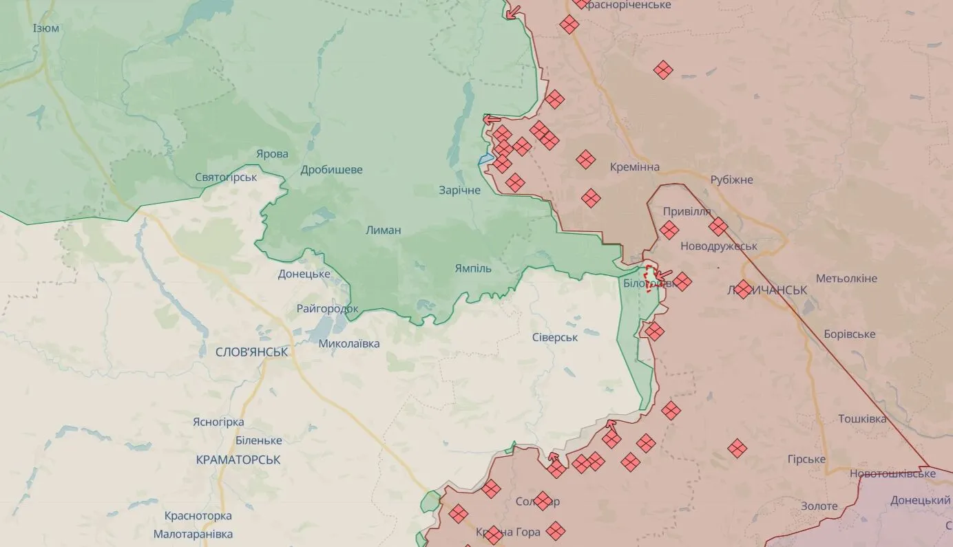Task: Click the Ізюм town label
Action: tap(46, 28)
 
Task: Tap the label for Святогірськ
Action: tap(226, 178)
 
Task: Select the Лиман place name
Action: tap(384, 230)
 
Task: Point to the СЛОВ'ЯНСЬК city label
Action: tap(251, 352)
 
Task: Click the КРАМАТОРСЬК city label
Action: tap(238, 460)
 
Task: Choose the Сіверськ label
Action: tap(555, 337)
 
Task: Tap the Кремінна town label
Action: tap(634, 167)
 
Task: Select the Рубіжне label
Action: tap(732, 180)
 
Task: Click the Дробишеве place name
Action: tap(331, 170)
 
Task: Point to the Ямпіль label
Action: tap(473, 268)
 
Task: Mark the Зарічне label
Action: tap(460, 190)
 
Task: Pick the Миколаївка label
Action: tap(349, 343)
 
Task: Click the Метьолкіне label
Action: tap(846, 279)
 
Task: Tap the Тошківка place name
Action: tap(862, 419)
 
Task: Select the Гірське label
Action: tap(806, 460)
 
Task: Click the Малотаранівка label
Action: tap(193, 534)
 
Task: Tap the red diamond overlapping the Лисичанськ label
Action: tap(743, 289)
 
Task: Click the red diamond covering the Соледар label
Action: tap(543, 501)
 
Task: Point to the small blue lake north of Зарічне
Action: tap(485, 160)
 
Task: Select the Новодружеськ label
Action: tap(718, 246)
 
